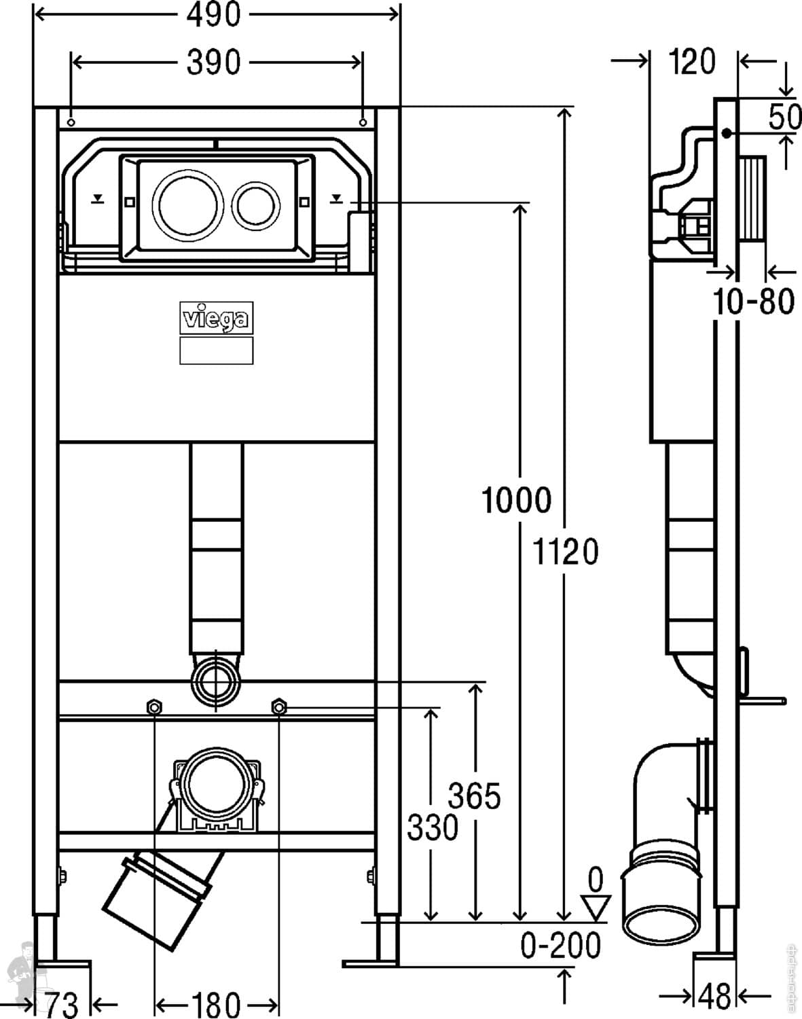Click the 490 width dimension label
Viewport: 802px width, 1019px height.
coord(213,15)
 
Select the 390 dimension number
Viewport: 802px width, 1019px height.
coord(213,62)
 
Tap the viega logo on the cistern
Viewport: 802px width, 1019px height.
coord(217,317)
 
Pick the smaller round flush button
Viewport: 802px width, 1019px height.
coord(257,202)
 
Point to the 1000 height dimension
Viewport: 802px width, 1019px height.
coord(516,501)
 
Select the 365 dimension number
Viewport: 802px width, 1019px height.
coord(475,796)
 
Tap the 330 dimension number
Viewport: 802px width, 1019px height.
coord(433,827)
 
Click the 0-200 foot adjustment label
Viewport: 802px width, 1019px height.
coord(561,945)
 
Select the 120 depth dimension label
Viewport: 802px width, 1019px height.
coord(692,62)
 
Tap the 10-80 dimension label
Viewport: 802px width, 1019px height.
coord(754,301)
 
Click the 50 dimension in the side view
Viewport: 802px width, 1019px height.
coord(785,118)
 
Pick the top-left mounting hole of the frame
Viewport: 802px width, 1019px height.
coord(71,122)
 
